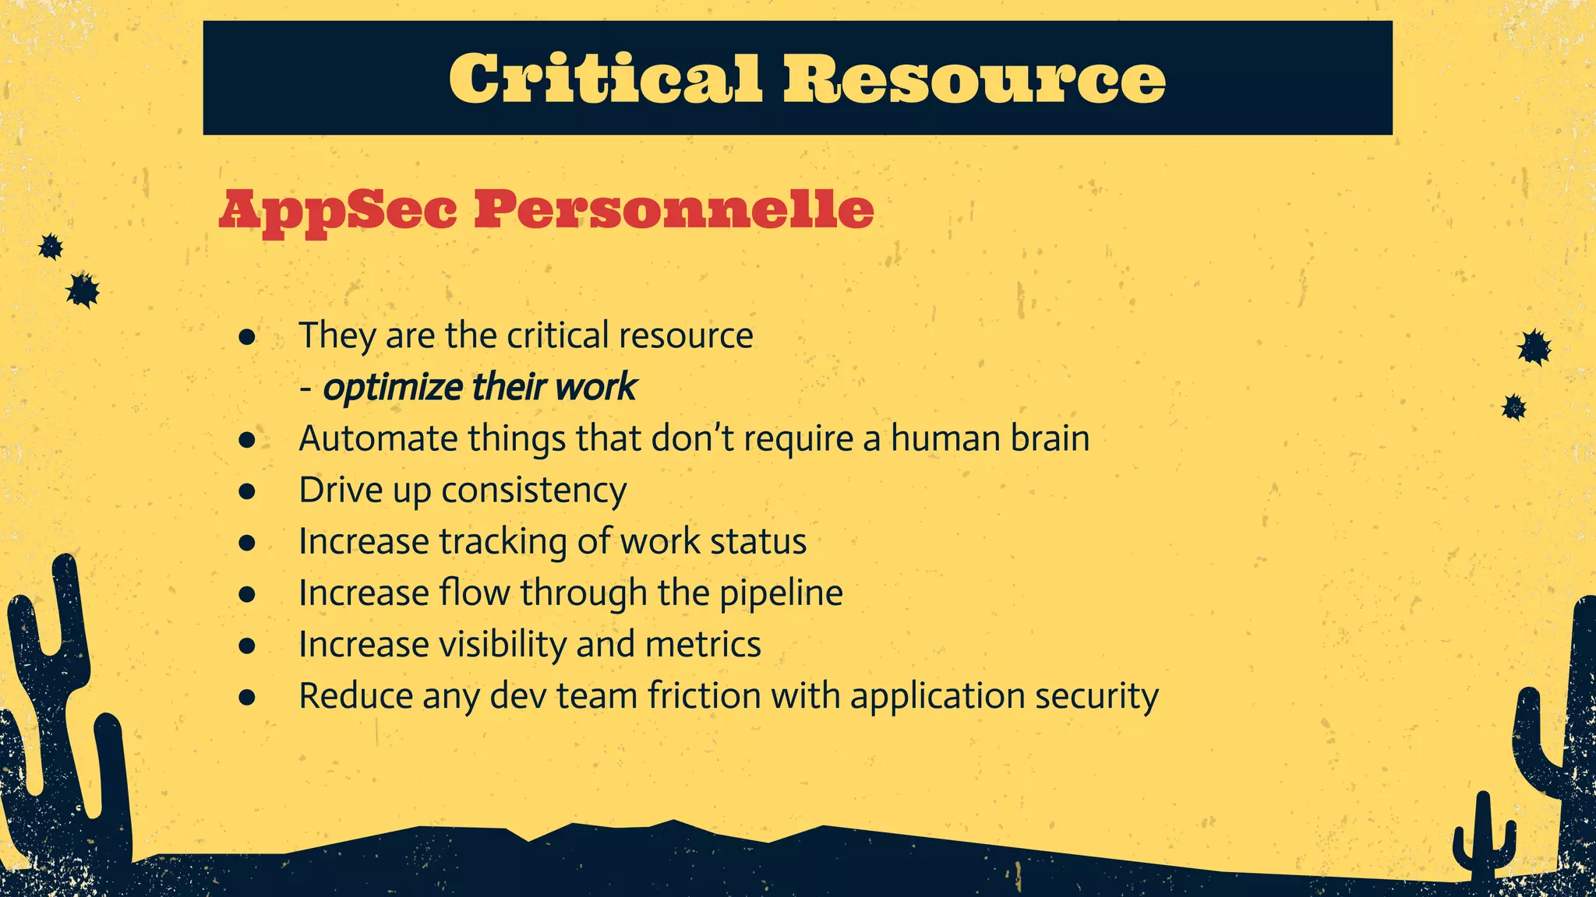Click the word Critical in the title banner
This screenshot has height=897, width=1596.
(x=605, y=79)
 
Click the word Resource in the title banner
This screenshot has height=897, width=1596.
(x=974, y=79)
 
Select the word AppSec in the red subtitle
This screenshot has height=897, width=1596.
(x=337, y=210)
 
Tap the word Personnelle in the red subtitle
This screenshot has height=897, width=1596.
(x=674, y=210)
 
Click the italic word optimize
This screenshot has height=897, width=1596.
(x=393, y=388)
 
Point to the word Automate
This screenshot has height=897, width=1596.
(x=378, y=438)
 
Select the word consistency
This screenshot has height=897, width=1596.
(x=534, y=491)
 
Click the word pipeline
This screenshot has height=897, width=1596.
(x=780, y=593)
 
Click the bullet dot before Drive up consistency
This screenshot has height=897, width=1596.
(x=248, y=491)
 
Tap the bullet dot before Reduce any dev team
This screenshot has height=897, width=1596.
(x=248, y=697)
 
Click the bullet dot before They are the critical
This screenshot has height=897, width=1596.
(x=248, y=337)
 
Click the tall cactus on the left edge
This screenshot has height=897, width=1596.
(x=66, y=701)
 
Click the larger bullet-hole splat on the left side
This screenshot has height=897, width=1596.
(x=83, y=290)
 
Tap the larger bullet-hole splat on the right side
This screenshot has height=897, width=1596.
(x=1534, y=347)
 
